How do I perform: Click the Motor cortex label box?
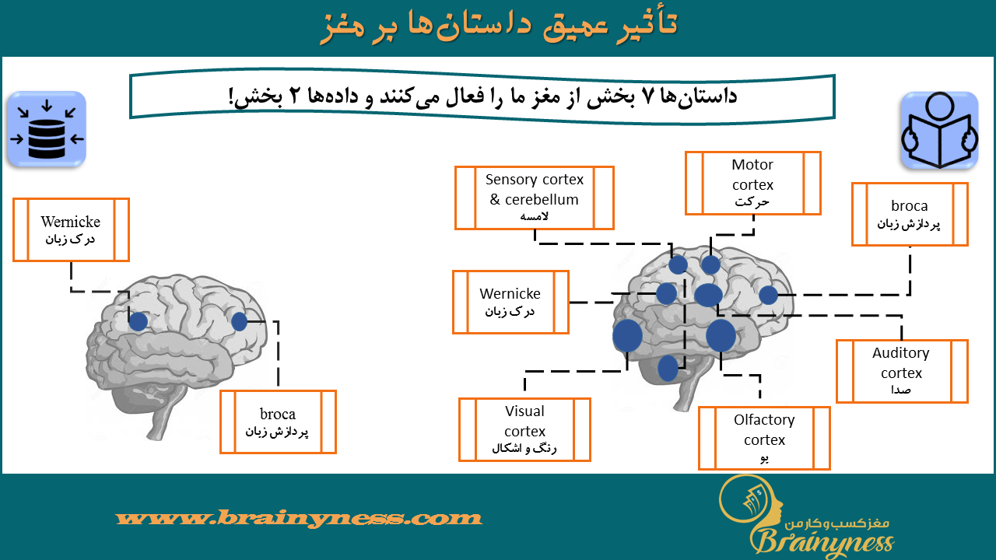[x=752, y=183]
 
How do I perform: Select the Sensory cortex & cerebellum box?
[x=535, y=198]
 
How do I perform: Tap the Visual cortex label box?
[x=524, y=430]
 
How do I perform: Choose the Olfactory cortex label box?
[x=764, y=438]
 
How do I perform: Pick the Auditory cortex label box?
[x=902, y=371]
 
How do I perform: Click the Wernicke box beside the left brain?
[x=71, y=229]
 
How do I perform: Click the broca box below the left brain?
[x=278, y=422]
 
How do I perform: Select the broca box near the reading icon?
[x=910, y=214]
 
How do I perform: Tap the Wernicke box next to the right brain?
[x=511, y=302]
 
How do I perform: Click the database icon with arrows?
[x=47, y=129]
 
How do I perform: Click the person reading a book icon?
[x=939, y=130]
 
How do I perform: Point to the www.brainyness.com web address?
[x=299, y=518]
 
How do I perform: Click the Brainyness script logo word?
[x=822, y=542]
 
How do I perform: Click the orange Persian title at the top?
[x=499, y=26]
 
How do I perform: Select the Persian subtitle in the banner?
[x=483, y=96]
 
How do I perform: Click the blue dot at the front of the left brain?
[x=239, y=321]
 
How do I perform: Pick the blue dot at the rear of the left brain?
[x=139, y=321]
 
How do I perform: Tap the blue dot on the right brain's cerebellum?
[x=668, y=368]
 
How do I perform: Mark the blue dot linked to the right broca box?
[x=768, y=295]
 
